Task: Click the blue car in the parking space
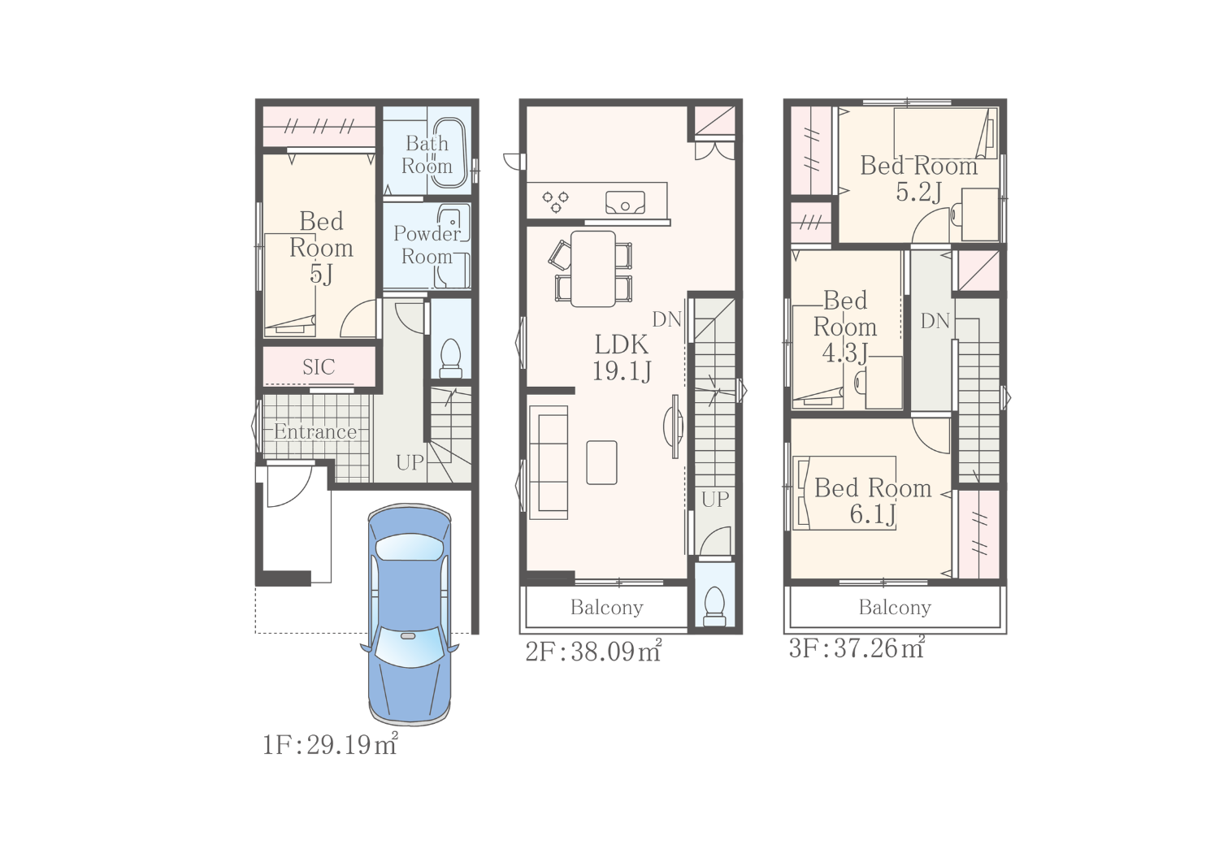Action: click(x=410, y=614)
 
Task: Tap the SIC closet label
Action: click(x=319, y=367)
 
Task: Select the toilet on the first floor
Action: click(x=450, y=358)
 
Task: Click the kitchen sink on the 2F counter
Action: click(x=625, y=202)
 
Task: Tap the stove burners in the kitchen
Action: click(x=556, y=201)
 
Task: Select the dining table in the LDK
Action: click(x=593, y=269)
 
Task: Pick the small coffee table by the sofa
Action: click(x=602, y=462)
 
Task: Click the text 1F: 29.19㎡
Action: click(x=330, y=744)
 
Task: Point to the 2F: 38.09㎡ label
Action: click(x=593, y=652)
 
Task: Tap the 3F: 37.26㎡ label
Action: click(x=857, y=648)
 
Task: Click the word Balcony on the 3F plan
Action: click(x=896, y=608)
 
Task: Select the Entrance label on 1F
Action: click(x=315, y=432)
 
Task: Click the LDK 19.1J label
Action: click(x=622, y=358)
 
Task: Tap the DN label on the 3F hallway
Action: click(x=935, y=321)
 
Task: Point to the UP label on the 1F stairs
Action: click(x=410, y=462)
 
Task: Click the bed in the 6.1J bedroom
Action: click(x=844, y=493)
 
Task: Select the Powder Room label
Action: click(x=427, y=245)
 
